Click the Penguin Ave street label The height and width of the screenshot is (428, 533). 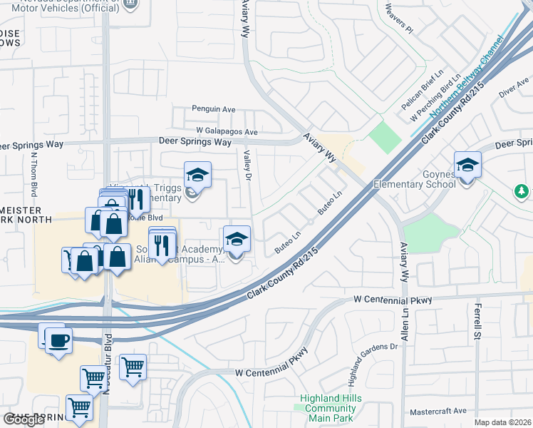[x=213, y=110]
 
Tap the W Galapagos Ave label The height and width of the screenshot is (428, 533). [x=227, y=132]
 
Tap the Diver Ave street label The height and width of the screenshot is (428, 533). [x=513, y=89]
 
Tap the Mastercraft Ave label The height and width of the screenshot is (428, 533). [x=438, y=412]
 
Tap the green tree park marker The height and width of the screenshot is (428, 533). [x=522, y=191]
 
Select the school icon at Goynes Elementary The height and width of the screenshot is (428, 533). [x=467, y=165]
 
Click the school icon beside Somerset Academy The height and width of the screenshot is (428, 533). [x=237, y=238]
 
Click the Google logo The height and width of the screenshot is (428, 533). [x=24, y=419]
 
